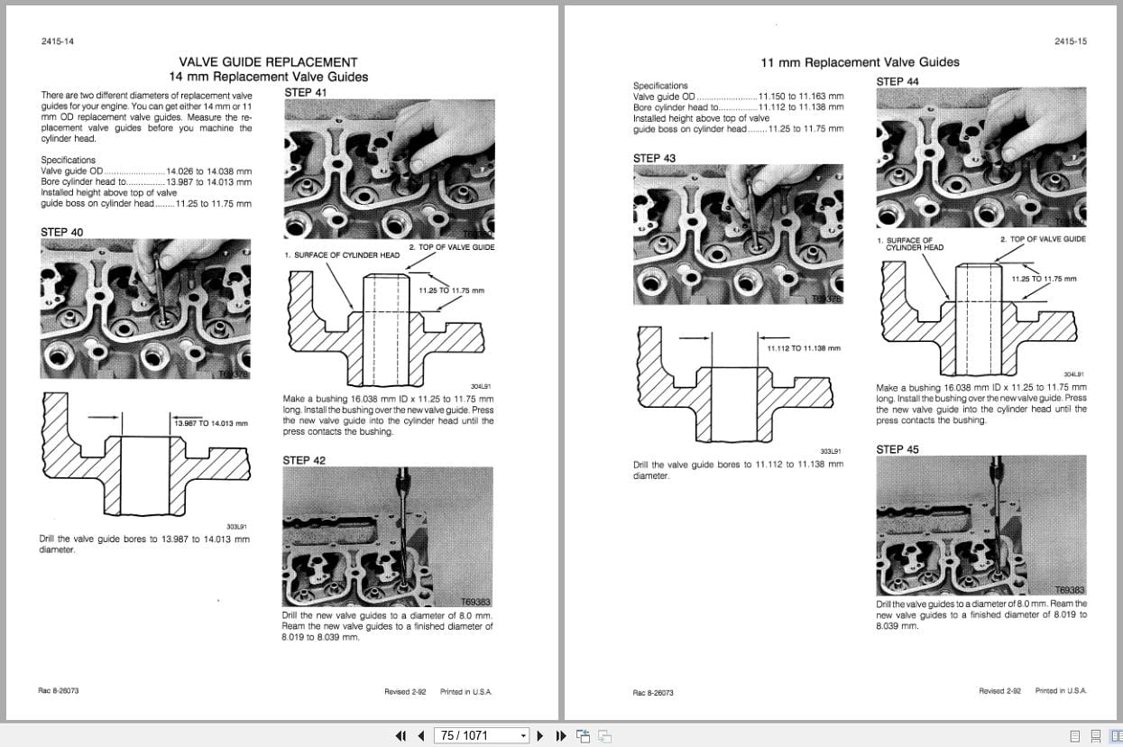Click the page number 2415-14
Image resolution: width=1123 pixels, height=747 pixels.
58,41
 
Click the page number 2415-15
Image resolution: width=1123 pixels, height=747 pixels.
1071,41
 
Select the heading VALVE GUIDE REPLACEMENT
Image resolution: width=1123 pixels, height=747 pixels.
268,62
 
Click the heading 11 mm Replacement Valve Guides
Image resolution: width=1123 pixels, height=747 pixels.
860,62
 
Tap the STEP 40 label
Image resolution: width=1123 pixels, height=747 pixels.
61,232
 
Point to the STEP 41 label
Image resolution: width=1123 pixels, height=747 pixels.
305,92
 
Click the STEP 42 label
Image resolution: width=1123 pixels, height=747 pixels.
304,460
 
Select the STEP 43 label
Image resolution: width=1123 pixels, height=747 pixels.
654,158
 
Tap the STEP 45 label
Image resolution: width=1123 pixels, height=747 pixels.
897,449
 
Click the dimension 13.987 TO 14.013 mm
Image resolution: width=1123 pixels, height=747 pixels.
211,422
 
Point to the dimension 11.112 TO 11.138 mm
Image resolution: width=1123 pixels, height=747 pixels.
804,347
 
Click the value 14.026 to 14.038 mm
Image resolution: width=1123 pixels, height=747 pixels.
208,171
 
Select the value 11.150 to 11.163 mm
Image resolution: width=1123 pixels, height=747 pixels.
801,96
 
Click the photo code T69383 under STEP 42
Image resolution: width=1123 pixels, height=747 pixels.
476,602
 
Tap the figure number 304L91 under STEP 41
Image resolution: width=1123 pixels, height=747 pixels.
480,385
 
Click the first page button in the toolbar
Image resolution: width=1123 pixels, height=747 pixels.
400,735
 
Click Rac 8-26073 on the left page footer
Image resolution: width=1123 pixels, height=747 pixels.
59,690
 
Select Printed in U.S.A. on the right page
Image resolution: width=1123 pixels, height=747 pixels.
1061,690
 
